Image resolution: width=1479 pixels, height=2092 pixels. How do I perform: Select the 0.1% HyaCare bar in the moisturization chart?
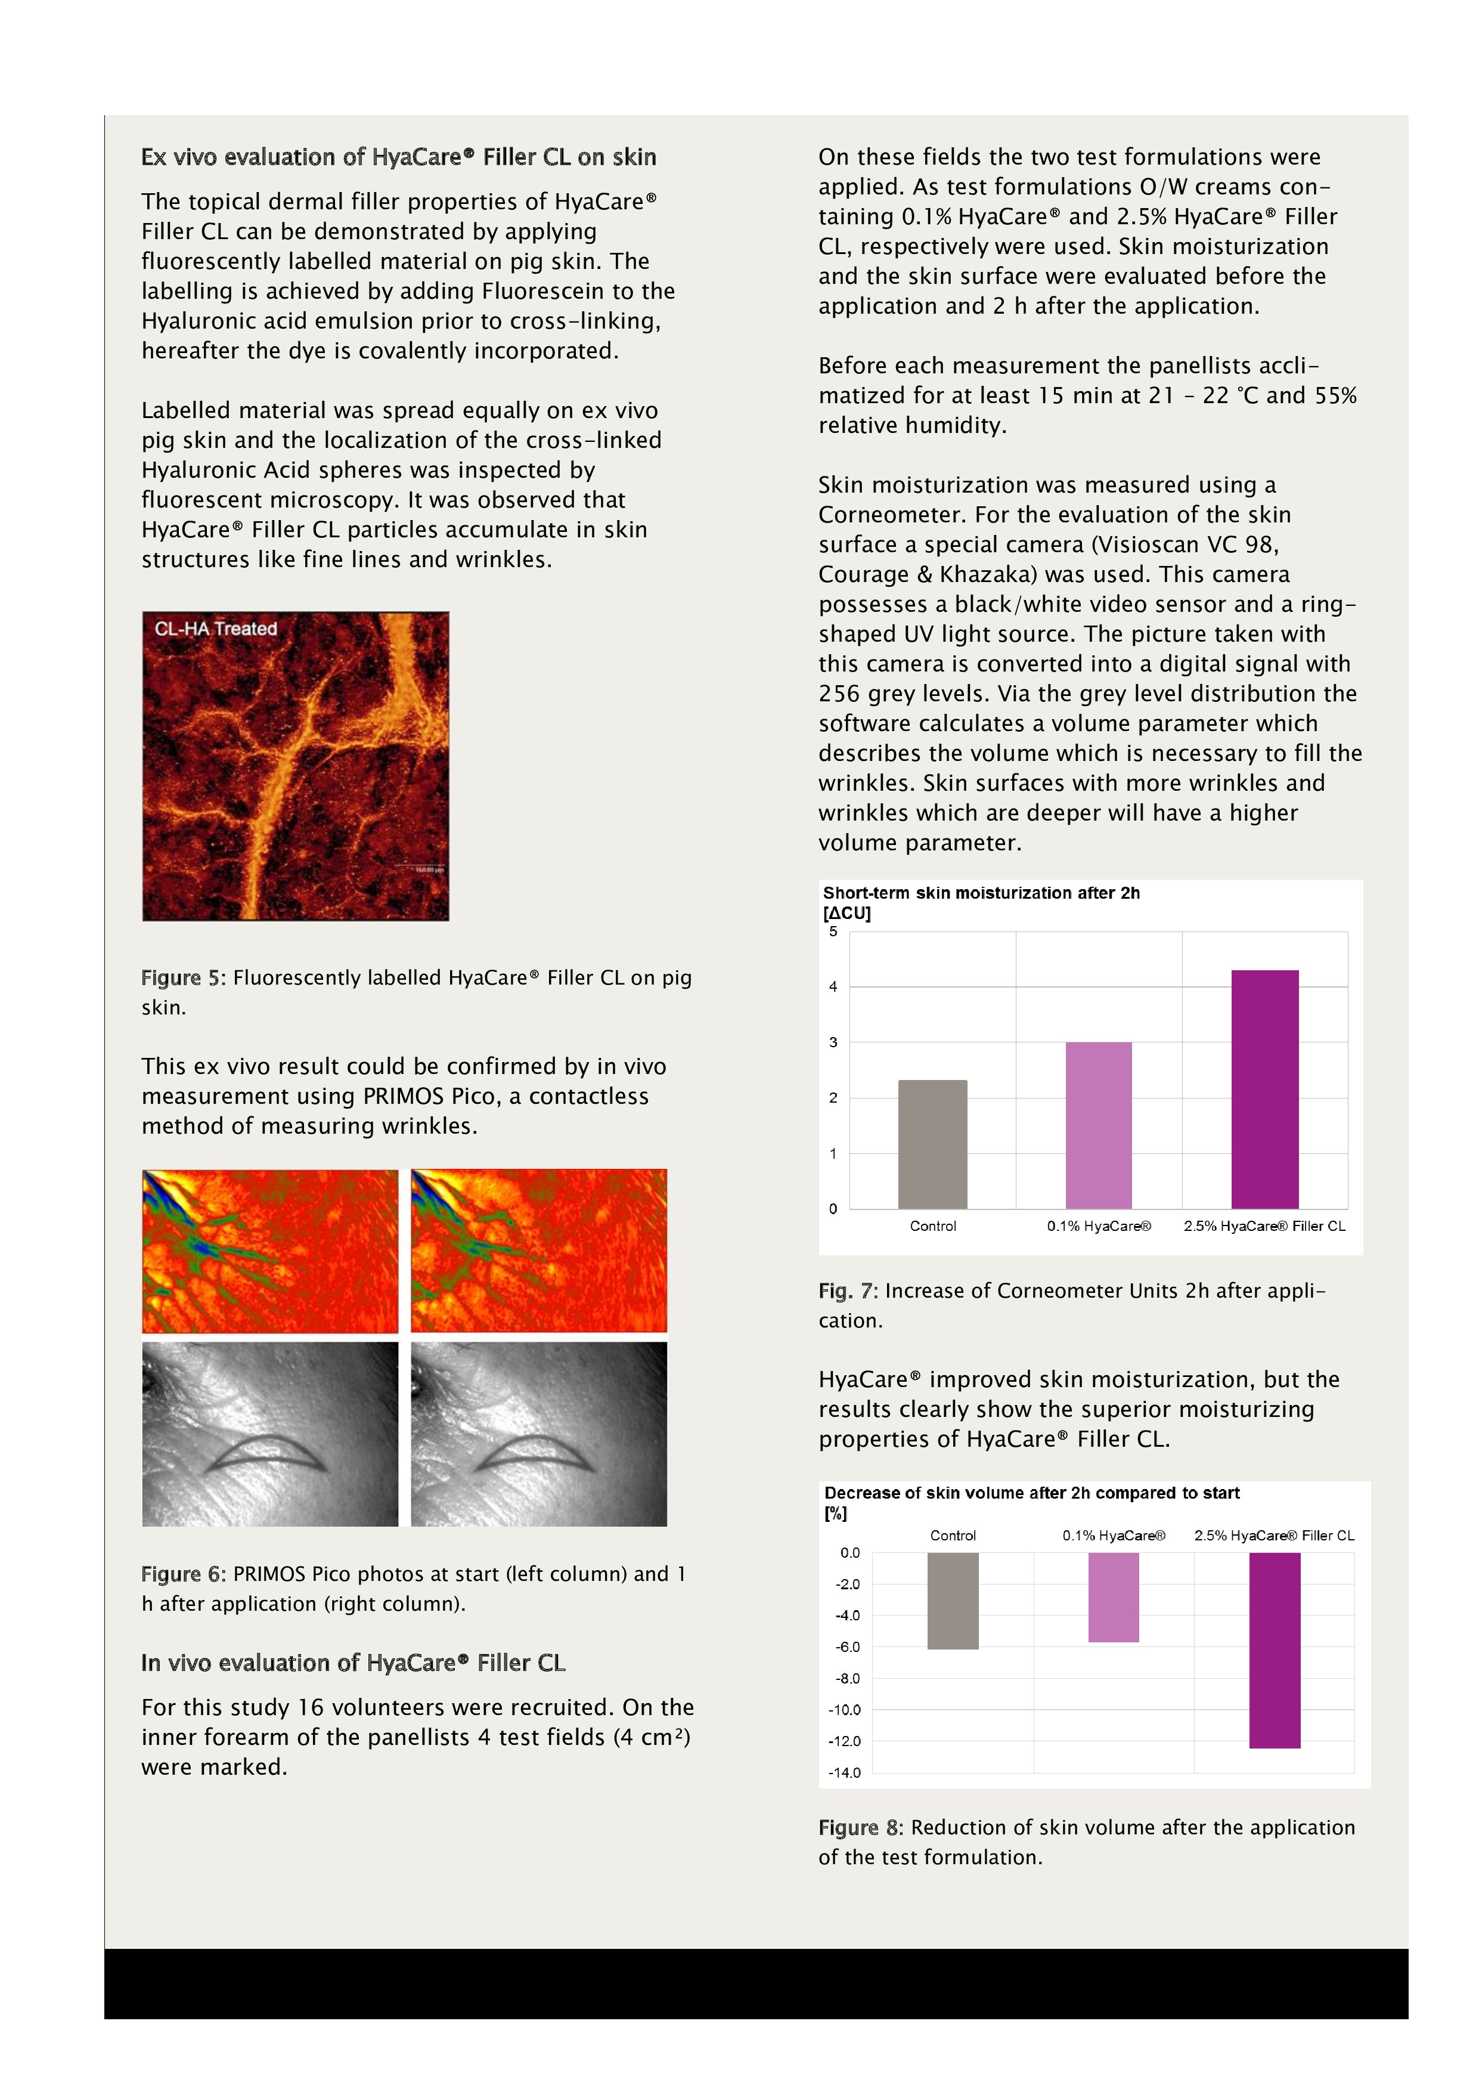pos(1098,1125)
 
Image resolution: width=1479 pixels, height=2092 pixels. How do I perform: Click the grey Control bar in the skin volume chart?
pos(953,1601)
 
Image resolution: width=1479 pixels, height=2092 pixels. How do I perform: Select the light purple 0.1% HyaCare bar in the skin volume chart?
pos(1113,1597)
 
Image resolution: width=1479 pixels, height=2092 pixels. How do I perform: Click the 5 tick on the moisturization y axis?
pos(832,931)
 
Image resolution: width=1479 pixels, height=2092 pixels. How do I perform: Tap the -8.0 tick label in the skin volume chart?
pos(848,1678)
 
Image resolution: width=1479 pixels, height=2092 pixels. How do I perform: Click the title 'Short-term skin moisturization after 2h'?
pos(981,893)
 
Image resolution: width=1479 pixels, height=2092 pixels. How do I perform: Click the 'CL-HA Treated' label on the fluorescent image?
pos(216,629)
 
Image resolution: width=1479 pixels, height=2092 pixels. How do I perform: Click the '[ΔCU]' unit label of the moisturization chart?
pos(846,913)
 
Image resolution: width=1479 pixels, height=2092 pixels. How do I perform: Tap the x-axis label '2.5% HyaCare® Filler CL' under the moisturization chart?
pos(1264,1227)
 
